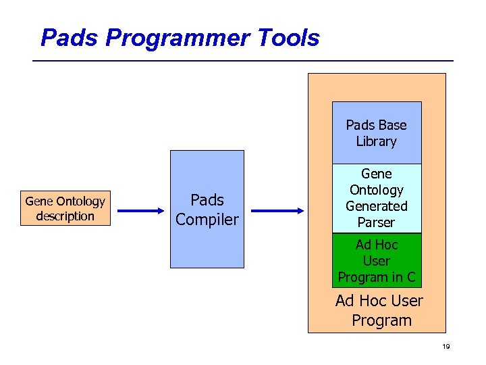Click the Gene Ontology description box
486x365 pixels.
(65, 209)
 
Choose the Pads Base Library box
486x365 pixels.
(377, 133)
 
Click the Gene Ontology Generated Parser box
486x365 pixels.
(377, 198)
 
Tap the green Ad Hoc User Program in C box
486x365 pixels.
(377, 261)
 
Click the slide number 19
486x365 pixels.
(446, 347)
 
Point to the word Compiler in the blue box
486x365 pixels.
(207, 220)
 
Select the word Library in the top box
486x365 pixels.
(377, 141)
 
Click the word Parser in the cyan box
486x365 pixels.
(377, 222)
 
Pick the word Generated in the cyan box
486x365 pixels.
(377, 206)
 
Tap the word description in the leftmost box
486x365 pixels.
(65, 216)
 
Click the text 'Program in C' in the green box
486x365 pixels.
(377, 277)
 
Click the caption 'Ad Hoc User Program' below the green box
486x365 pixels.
(379, 310)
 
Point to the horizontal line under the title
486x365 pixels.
(243, 62)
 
